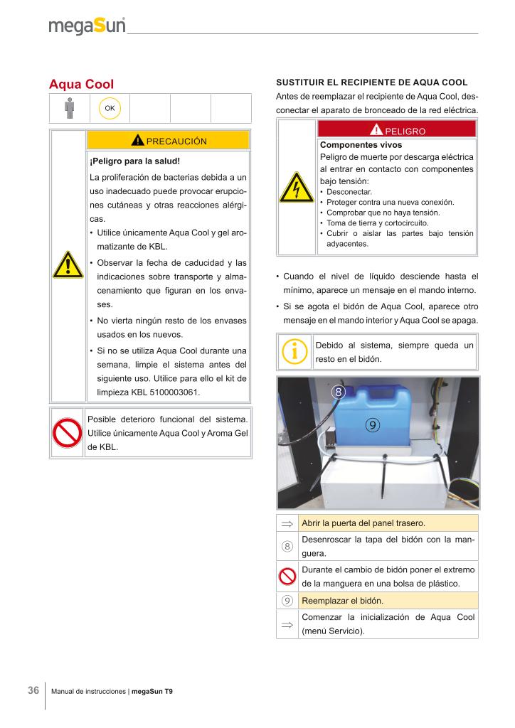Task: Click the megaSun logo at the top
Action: point(87,26)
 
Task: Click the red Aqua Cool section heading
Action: point(81,85)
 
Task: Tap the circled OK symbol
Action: point(110,108)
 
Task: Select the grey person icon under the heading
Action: point(69,108)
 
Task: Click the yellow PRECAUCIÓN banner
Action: point(168,140)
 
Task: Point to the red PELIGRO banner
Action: point(397,131)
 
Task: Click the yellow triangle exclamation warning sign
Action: point(68,265)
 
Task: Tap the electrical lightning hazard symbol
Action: point(297,187)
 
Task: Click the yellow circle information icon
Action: point(294,352)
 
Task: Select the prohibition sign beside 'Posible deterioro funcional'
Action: point(68,433)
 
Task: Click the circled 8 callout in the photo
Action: point(339,391)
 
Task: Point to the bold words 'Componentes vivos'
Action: point(351,144)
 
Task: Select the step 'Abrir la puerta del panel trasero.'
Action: point(363,523)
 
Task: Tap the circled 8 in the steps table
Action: point(287,546)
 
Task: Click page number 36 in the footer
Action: point(33,690)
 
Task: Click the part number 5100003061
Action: point(170,392)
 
